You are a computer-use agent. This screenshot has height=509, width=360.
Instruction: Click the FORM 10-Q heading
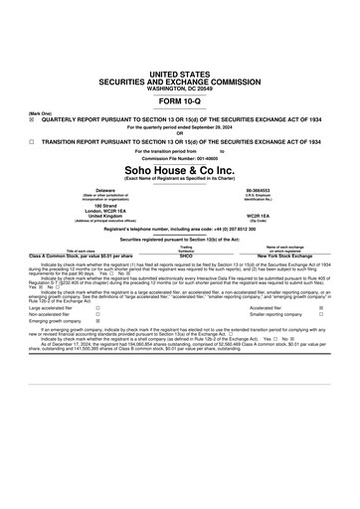click(x=180, y=102)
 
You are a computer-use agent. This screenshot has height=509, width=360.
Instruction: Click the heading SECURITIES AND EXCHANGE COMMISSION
click(x=180, y=81)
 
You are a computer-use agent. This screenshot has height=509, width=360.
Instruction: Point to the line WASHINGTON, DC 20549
click(x=180, y=87)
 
